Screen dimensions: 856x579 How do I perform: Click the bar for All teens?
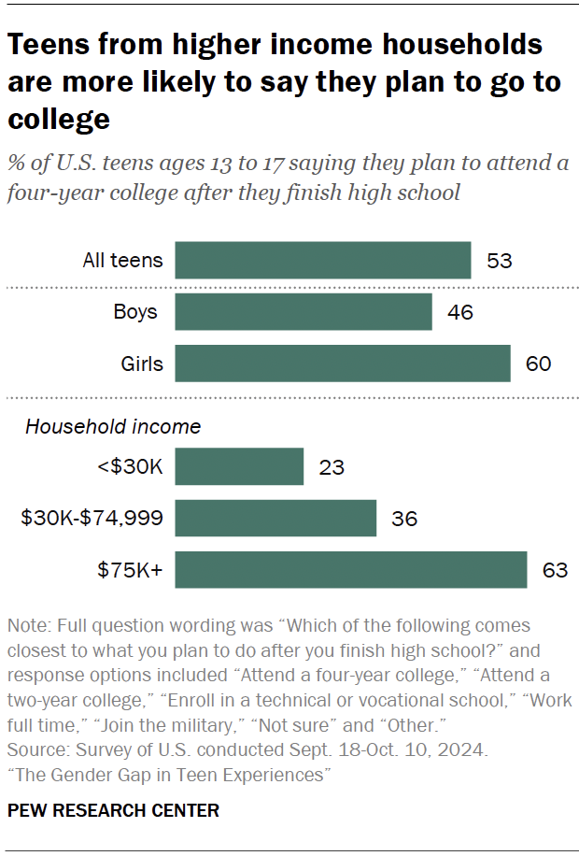322,261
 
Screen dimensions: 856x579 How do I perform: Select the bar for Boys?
303,312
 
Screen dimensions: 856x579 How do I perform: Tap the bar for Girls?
342,364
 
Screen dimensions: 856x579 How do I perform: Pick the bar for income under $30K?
239,466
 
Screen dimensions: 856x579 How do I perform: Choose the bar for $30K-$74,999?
275,518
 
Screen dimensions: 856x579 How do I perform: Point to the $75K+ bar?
350,569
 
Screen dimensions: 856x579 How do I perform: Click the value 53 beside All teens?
500,261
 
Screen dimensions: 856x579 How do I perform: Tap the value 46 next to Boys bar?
459,312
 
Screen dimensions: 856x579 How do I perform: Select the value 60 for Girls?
538,364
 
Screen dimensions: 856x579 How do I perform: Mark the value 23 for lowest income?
332,466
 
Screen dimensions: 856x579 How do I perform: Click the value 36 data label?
403,518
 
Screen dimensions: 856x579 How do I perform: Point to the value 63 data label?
555,569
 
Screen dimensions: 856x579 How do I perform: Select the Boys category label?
136,312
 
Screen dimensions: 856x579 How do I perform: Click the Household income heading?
112,427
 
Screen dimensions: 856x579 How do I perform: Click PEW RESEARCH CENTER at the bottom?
113,810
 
